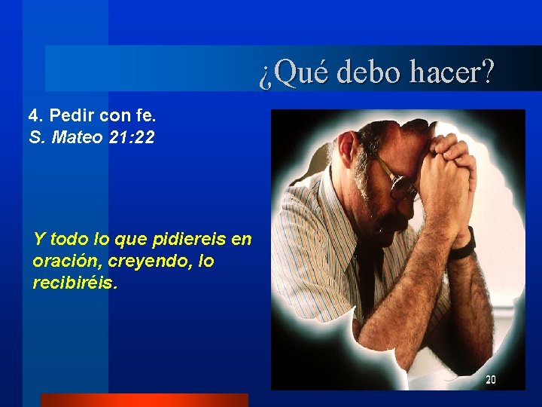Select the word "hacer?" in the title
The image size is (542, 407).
pyautogui.click(x=452, y=73)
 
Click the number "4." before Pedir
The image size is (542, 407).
pyautogui.click(x=35, y=117)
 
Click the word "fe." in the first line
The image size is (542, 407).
pyautogui.click(x=144, y=117)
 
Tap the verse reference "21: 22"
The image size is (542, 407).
pyautogui.click(x=132, y=138)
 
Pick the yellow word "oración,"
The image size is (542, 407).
pyautogui.click(x=63, y=262)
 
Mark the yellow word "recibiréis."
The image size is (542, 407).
pyautogui.click(x=75, y=283)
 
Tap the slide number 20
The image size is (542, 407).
pyautogui.click(x=490, y=380)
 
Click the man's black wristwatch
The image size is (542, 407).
pyautogui.click(x=464, y=243)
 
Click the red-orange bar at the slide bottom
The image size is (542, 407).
pyautogui.click(x=144, y=400)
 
